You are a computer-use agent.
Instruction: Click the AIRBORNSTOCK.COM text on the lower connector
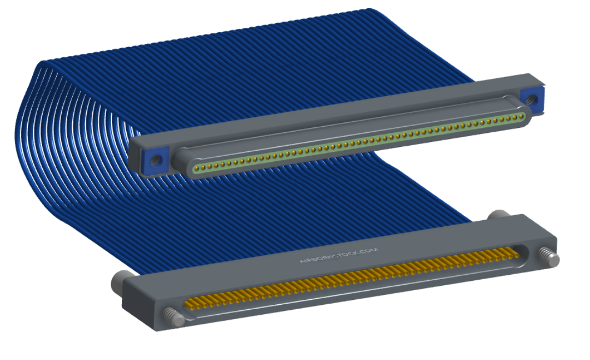point(339,256)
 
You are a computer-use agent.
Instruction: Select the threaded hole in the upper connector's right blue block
point(531,99)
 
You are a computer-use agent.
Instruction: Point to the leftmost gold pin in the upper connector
point(196,167)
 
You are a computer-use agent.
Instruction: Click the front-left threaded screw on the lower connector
point(174,317)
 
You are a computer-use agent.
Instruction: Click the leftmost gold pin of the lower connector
point(189,304)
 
